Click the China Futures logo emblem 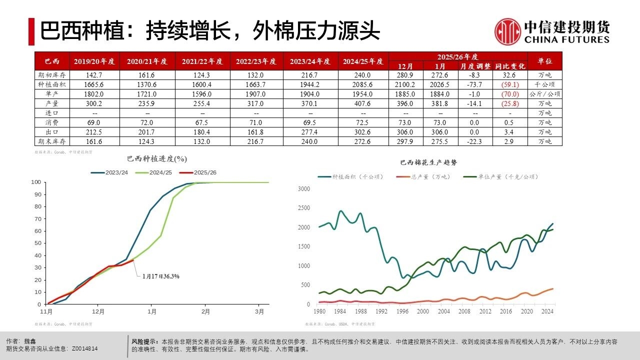click(x=507, y=31)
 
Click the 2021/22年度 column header click(x=202, y=61)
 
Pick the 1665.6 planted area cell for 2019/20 click(x=94, y=84)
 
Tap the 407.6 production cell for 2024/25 click(x=363, y=103)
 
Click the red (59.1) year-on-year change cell click(x=510, y=84)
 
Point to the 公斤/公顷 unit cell click(x=544, y=94)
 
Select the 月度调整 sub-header click(x=474, y=66)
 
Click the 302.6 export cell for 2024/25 click(x=363, y=132)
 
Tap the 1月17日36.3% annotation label click(x=160, y=276)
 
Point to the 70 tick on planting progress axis click(x=36, y=218)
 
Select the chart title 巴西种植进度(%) click(x=157, y=159)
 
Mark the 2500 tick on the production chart click(x=304, y=208)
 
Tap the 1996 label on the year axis click(x=401, y=312)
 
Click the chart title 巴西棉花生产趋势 click(x=428, y=162)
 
